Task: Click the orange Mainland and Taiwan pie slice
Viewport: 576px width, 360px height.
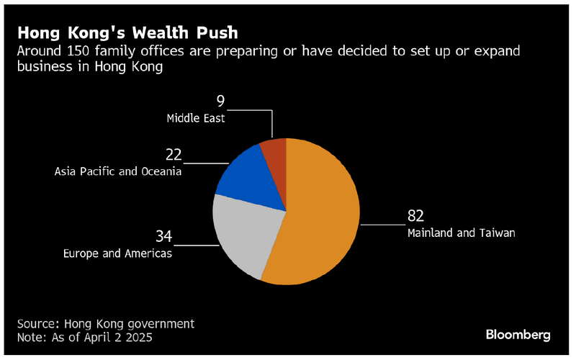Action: (x=324, y=216)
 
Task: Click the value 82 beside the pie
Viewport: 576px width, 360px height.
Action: (x=415, y=217)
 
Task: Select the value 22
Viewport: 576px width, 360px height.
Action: (x=173, y=155)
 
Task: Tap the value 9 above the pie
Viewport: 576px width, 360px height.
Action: (x=221, y=102)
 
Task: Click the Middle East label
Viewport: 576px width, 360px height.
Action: (x=196, y=118)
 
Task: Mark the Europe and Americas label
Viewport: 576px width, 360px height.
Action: (x=117, y=253)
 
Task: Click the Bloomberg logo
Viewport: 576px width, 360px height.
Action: (x=518, y=334)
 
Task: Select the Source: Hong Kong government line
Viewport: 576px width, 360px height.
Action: (x=106, y=324)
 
